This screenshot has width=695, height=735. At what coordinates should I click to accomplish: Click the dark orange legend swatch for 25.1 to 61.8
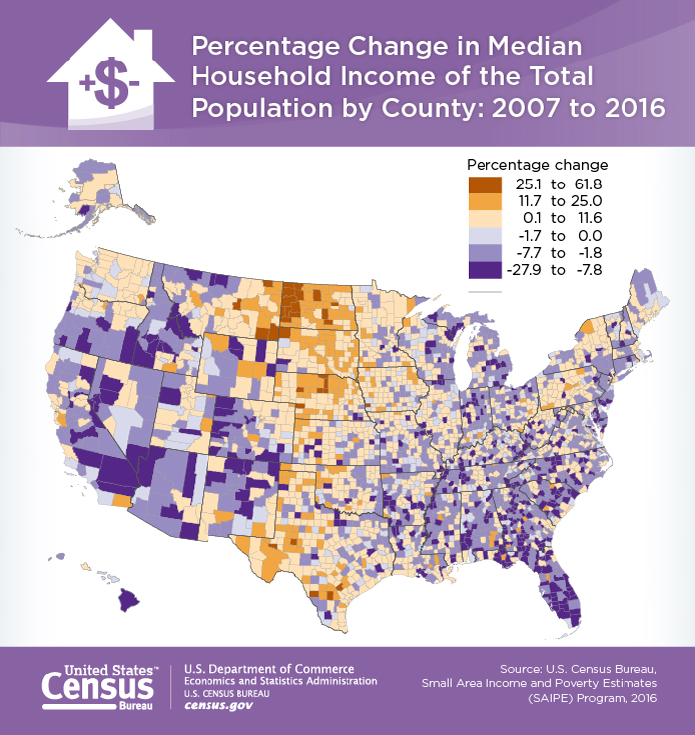click(486, 184)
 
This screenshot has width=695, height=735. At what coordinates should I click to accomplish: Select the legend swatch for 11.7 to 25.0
click(486, 200)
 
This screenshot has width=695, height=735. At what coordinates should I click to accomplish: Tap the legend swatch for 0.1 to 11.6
click(486, 217)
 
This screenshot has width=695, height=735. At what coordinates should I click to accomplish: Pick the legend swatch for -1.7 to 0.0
click(486, 235)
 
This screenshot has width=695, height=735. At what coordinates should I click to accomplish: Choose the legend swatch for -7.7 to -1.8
click(486, 252)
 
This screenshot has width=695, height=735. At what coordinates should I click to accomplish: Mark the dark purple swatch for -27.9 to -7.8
click(486, 269)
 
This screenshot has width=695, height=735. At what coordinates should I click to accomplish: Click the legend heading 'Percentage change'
click(536, 164)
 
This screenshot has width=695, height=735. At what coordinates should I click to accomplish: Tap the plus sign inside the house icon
click(88, 83)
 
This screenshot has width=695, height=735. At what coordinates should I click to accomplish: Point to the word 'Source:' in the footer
click(526, 668)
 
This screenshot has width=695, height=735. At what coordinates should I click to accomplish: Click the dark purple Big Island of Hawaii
click(132, 599)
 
